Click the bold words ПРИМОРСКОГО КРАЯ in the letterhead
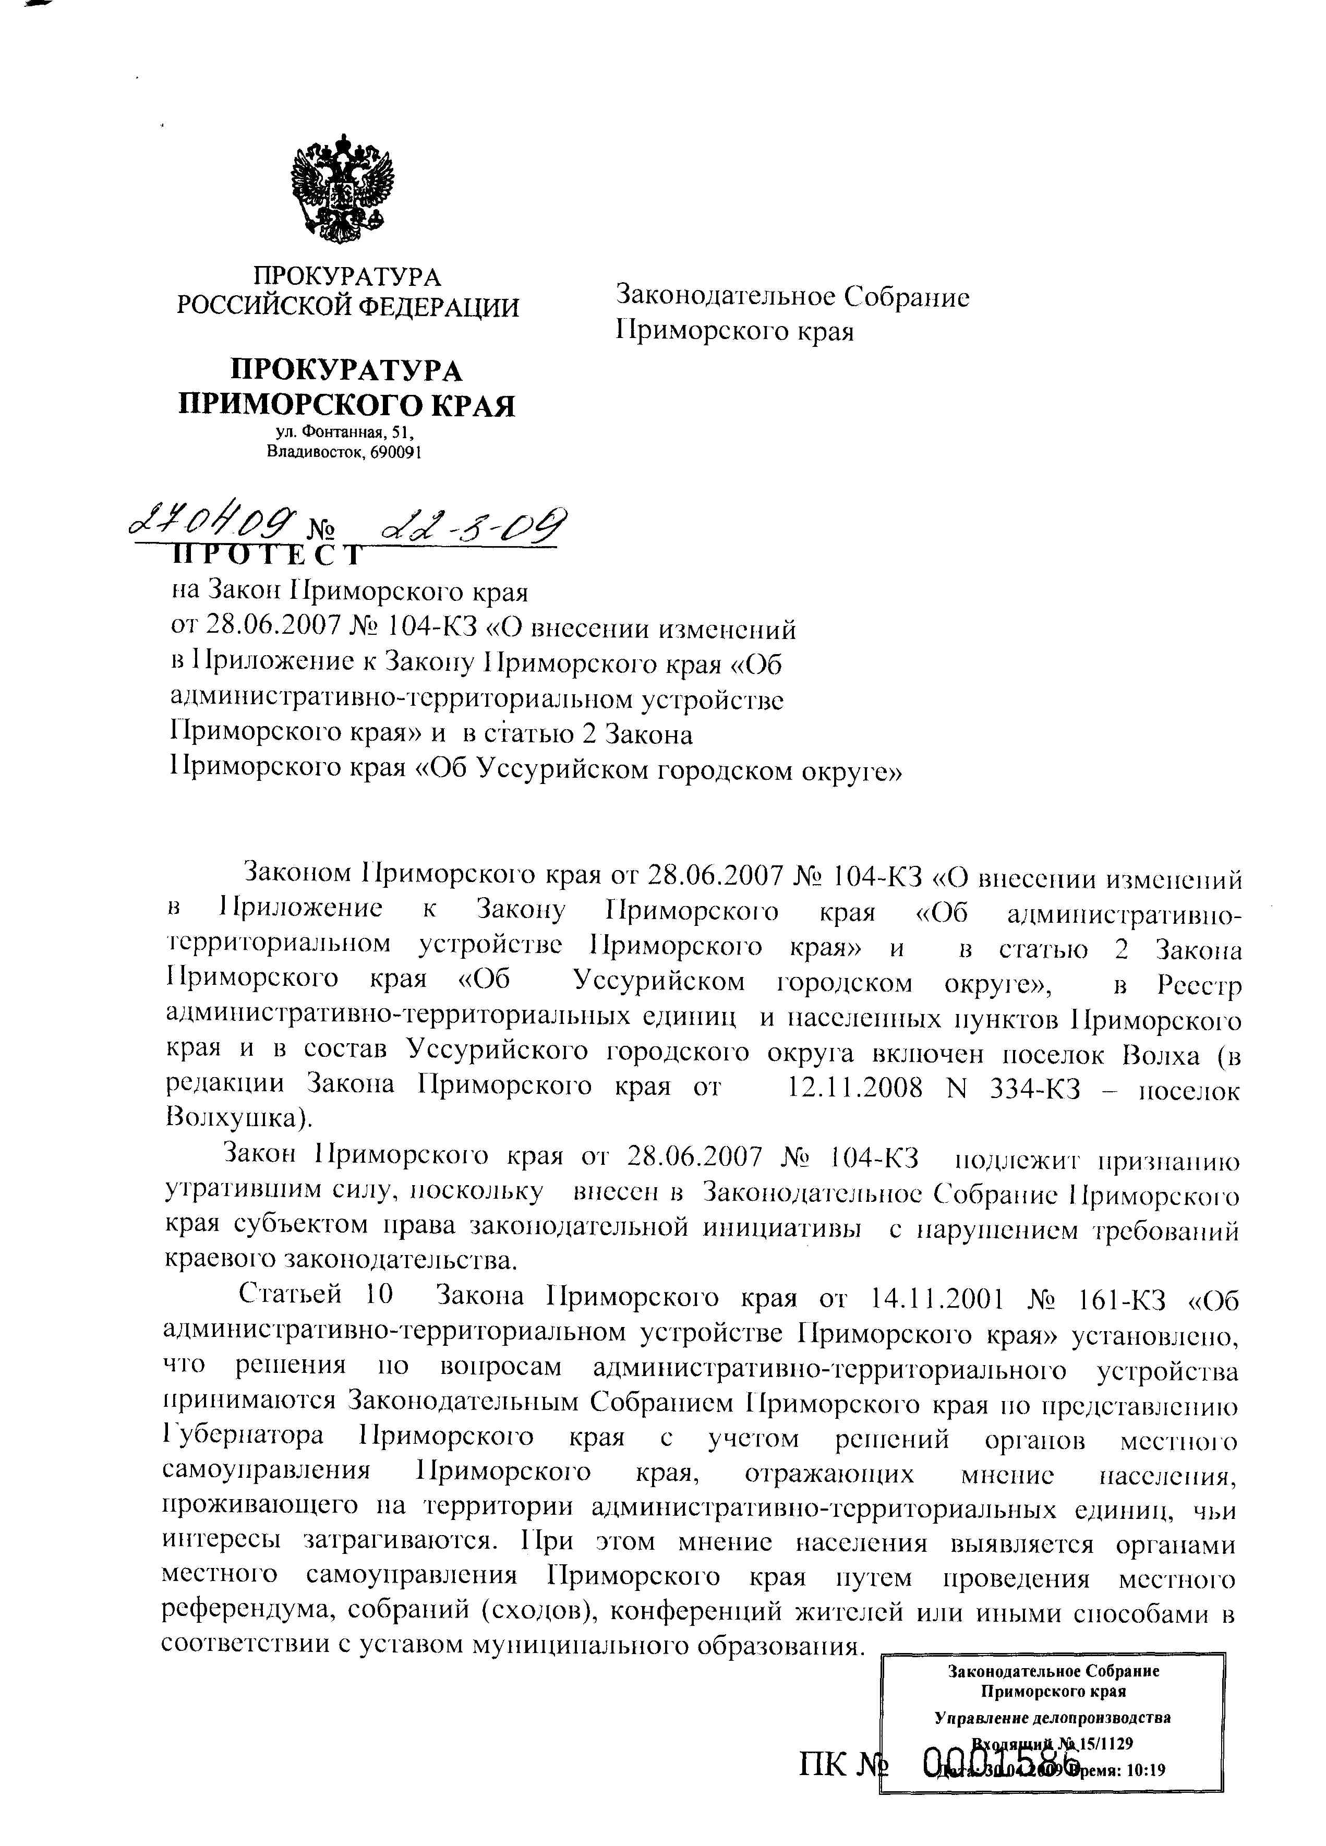coord(347,405)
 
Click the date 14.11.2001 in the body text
coord(936,1297)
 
